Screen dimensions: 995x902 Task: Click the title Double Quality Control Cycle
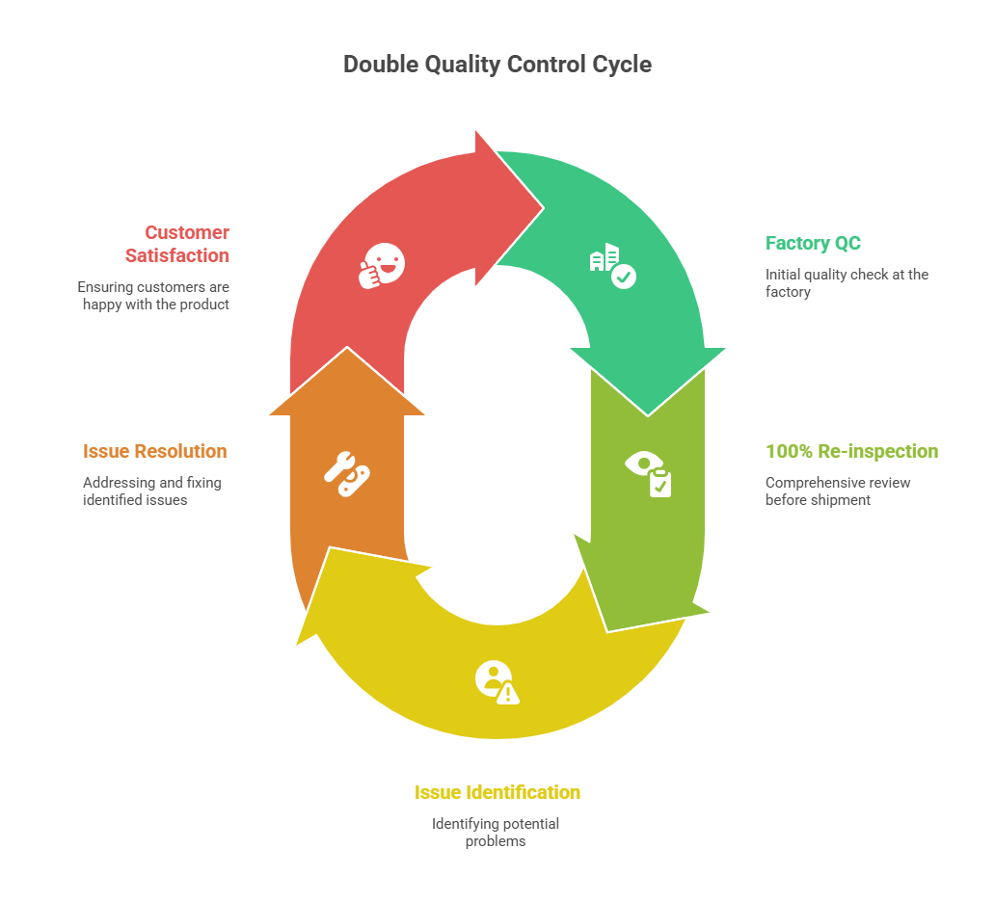497,65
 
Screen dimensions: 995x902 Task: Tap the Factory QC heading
813,243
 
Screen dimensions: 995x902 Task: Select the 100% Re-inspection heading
851,451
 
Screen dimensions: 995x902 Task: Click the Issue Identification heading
497,792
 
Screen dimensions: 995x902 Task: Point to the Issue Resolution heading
155,451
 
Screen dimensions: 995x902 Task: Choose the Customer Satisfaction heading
177,244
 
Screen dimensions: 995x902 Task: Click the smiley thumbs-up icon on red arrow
382,266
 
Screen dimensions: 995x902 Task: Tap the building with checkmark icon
613,266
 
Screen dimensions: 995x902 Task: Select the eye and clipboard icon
648,474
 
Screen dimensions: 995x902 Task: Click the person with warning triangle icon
497,682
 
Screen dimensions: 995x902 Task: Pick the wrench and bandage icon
347,474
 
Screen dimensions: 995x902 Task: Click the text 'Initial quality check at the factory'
847,283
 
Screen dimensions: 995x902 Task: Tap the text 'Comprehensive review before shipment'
838,491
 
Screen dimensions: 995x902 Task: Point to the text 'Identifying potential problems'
496,833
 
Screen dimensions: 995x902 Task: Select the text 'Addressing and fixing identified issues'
152,491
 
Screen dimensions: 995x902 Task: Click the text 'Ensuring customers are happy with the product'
153,296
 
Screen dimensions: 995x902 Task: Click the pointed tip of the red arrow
543,207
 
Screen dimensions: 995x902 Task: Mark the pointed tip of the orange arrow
347,348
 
